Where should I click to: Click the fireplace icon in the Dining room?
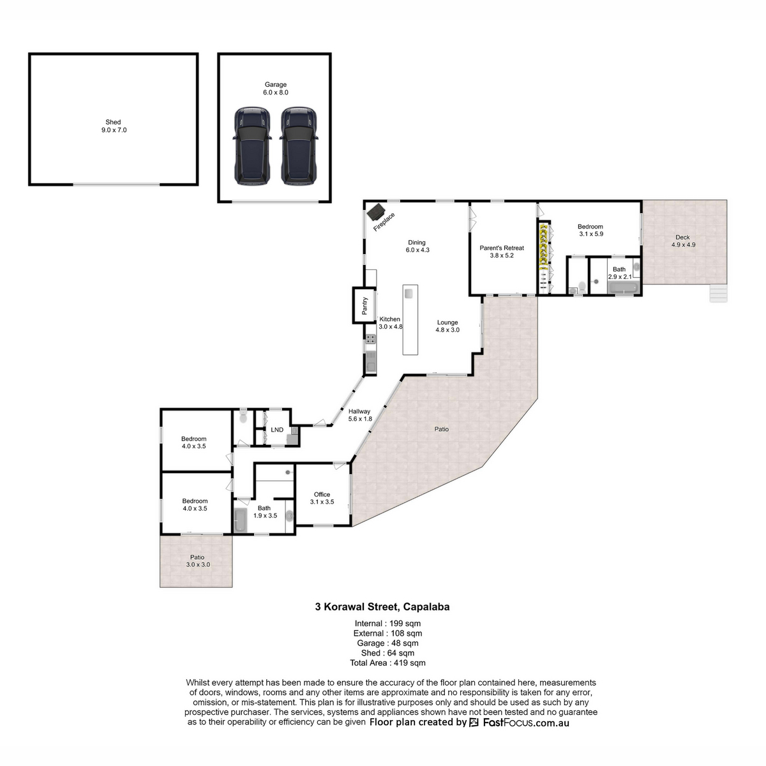[x=375, y=212]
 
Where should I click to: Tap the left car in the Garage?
[x=252, y=146]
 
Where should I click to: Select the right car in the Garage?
[x=299, y=146]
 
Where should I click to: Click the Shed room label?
[x=113, y=122]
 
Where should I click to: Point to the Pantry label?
[x=364, y=306]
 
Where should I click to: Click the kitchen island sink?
[x=409, y=293]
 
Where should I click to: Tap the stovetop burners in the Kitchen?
[x=370, y=339]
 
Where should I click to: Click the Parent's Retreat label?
[x=502, y=248]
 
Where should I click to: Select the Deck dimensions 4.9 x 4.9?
[x=683, y=245]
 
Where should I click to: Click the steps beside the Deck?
[x=719, y=294]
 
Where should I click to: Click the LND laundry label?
[x=277, y=430]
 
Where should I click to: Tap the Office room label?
[x=322, y=495]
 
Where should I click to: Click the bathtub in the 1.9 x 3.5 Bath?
[x=241, y=520]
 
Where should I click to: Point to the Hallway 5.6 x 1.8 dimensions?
[x=360, y=419]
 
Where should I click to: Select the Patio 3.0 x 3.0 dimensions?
[x=198, y=564]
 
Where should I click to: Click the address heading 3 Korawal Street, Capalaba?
[x=382, y=606]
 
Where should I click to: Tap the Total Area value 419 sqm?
[x=409, y=663]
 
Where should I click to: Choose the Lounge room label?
[x=447, y=322]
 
